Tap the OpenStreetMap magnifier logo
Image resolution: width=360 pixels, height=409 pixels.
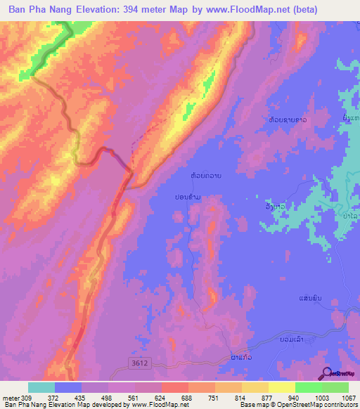click(326, 373)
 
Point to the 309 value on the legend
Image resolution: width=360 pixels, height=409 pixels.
click(27, 398)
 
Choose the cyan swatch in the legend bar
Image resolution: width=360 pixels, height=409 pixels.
click(41, 387)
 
